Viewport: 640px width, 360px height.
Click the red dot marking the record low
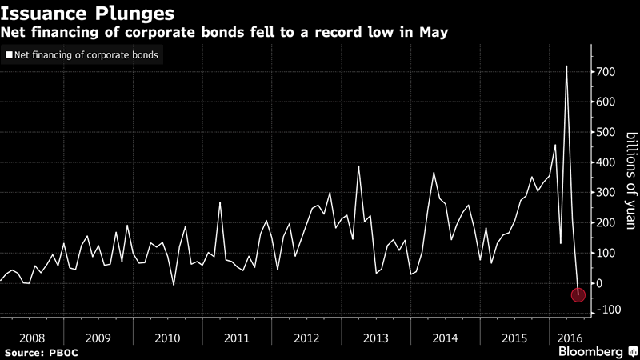coord(578,294)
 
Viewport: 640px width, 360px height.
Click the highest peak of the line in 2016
coord(566,66)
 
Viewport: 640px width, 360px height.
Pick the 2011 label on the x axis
coord(237,338)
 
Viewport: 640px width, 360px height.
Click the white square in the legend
coord(10,55)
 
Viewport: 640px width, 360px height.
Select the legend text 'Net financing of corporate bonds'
coord(86,55)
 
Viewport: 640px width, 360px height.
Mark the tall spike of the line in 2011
coord(220,202)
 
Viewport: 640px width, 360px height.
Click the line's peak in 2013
coord(358,166)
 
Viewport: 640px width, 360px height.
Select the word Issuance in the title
coord(45,14)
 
